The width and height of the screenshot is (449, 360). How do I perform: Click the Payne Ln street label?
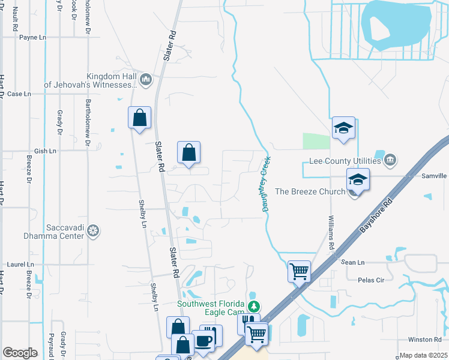click(32, 37)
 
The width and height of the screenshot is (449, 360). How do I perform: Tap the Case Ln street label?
click(19, 94)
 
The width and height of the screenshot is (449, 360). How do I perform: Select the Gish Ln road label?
click(44, 151)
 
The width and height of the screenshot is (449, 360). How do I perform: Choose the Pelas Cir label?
click(370, 280)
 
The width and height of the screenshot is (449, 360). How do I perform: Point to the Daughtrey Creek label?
click(265, 184)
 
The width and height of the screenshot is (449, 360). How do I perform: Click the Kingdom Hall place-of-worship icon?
click(146, 80)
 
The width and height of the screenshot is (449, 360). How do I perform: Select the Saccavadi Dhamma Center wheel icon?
click(93, 230)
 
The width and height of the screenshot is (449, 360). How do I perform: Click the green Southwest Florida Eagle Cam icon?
click(255, 306)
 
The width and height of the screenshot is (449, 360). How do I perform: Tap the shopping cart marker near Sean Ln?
click(299, 271)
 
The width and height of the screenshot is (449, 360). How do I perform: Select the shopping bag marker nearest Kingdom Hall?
click(139, 117)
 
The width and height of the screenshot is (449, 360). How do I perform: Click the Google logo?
click(20, 353)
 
